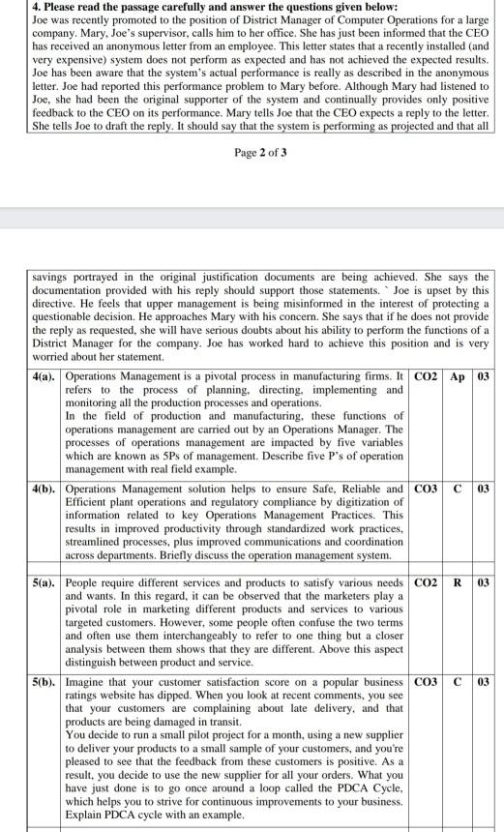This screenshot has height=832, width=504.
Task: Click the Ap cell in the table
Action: (x=458, y=375)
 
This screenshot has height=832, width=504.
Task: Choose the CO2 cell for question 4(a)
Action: (x=427, y=375)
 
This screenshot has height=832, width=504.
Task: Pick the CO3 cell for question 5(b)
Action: (x=427, y=682)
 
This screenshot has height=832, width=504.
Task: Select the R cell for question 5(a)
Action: (x=458, y=583)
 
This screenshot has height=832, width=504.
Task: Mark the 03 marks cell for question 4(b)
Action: (x=486, y=489)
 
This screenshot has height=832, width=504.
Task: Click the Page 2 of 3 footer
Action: (x=260, y=153)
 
